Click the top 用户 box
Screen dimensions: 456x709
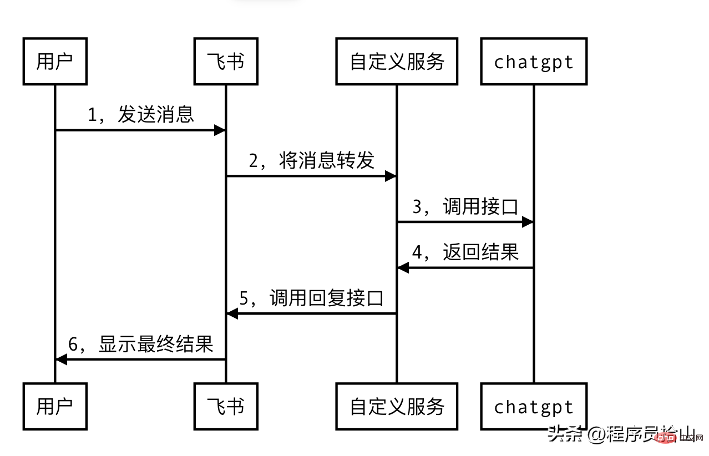pyautogui.click(x=55, y=62)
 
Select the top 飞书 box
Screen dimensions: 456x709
pyautogui.click(x=226, y=62)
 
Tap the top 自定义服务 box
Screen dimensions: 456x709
pyautogui.click(x=397, y=62)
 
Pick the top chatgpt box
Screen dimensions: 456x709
pyautogui.click(x=534, y=62)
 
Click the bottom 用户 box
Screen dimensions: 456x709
pyautogui.click(x=55, y=407)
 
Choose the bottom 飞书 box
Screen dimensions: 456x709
pyautogui.click(x=226, y=407)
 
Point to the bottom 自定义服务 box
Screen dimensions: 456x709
pyautogui.click(x=397, y=407)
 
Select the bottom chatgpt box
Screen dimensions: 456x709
pyautogui.click(x=534, y=407)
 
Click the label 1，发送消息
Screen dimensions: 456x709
pyautogui.click(x=141, y=114)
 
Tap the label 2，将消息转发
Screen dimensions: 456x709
pyautogui.click(x=311, y=160)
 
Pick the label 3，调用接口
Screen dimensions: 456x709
pyautogui.click(x=465, y=206)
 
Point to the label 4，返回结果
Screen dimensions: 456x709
pyautogui.click(x=465, y=252)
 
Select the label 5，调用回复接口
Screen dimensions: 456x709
pyautogui.click(x=311, y=298)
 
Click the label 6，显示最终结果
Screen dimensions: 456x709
pyautogui.click(x=141, y=344)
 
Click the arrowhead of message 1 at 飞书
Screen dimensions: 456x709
pyautogui.click(x=220, y=130)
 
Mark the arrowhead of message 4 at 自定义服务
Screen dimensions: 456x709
pyautogui.click(x=403, y=268)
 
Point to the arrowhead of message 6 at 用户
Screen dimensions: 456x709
pyautogui.click(x=61, y=359)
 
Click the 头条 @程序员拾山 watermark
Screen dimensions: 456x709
pyautogui.click(x=621, y=434)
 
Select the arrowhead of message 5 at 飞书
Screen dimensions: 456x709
pyautogui.click(x=232, y=314)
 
